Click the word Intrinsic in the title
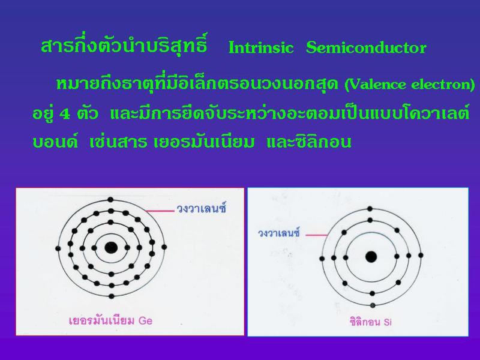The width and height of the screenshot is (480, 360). (x=261, y=48)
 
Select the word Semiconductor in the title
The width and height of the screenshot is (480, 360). (x=366, y=48)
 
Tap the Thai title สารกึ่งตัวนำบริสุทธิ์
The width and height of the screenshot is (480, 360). (x=124, y=46)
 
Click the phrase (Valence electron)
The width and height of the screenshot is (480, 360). (x=410, y=84)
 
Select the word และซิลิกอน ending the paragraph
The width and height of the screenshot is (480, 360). (x=309, y=142)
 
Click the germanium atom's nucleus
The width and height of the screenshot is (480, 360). (x=111, y=247)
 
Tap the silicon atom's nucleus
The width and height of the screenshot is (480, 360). (x=371, y=257)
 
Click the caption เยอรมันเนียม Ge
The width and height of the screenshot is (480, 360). (x=111, y=320)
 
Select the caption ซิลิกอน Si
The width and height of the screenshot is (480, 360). (x=371, y=322)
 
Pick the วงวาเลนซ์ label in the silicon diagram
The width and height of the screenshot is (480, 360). (x=279, y=233)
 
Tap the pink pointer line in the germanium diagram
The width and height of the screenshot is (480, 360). (x=160, y=211)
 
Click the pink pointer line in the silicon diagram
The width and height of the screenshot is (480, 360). (x=317, y=235)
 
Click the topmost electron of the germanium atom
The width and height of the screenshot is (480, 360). (x=110, y=200)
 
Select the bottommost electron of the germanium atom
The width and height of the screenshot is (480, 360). (x=112, y=296)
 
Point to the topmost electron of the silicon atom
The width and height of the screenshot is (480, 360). (x=370, y=209)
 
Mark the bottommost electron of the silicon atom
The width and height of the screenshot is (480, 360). (x=373, y=305)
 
